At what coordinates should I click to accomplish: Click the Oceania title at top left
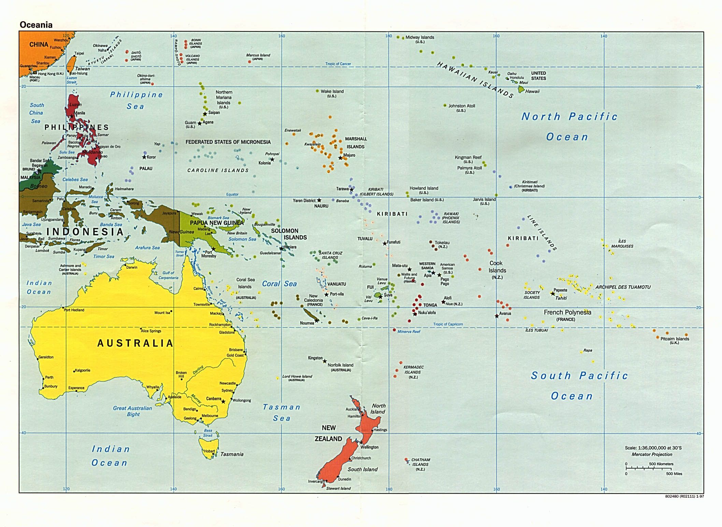pyautogui.click(x=36, y=25)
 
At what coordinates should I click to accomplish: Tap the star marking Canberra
pyautogui.click(x=223, y=402)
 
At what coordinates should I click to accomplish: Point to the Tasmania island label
pyautogui.click(x=232, y=454)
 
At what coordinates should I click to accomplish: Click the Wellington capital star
pyautogui.click(x=361, y=442)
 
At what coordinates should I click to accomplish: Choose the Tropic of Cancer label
pyautogui.click(x=338, y=64)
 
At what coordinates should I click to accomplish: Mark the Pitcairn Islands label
pyautogui.click(x=675, y=339)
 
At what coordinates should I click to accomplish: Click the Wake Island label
pyautogui.click(x=332, y=91)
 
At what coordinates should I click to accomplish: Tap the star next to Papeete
pyautogui.click(x=553, y=294)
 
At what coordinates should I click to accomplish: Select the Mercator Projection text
pyautogui.click(x=652, y=454)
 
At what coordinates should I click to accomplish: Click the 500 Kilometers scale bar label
pyautogui.click(x=661, y=464)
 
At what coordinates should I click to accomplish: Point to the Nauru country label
pyautogui.click(x=321, y=206)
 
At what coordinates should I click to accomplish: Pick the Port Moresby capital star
pyautogui.click(x=214, y=249)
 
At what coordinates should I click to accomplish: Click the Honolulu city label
pyautogui.click(x=517, y=78)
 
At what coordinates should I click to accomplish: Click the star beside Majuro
pyautogui.click(x=340, y=158)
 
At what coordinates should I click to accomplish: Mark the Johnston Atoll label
pyautogui.click(x=462, y=106)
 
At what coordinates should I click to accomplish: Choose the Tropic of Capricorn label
pyautogui.click(x=448, y=324)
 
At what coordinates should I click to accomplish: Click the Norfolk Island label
pyautogui.click(x=340, y=365)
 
